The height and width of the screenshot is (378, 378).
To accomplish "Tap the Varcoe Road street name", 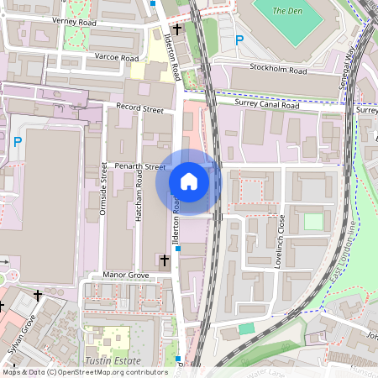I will click(x=117, y=58).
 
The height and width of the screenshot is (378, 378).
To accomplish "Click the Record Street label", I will click(x=139, y=108).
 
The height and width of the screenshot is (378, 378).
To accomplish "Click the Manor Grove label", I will click(x=125, y=275).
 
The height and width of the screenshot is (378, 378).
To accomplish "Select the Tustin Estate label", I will click(x=113, y=360).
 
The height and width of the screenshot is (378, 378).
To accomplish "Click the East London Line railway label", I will click(x=342, y=253).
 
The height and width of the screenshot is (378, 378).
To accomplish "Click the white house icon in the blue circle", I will click(x=189, y=181).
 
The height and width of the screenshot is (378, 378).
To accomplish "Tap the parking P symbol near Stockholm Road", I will click(x=239, y=39).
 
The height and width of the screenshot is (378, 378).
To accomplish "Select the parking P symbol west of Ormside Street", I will click(x=17, y=142).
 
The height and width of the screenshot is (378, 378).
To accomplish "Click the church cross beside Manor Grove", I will click(x=165, y=261).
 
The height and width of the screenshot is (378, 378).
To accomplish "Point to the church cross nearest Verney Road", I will click(x=177, y=29).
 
